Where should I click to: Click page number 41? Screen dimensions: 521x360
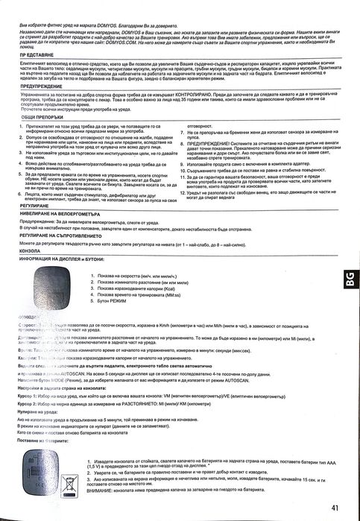(x=336, y=508)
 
